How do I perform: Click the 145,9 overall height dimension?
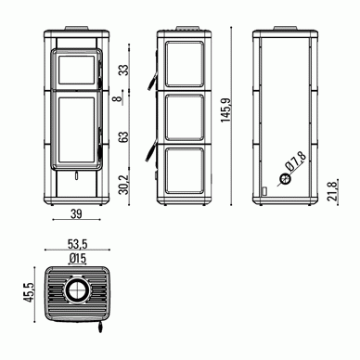[226, 110]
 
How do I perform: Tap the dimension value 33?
[123, 70]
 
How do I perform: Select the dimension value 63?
[123, 137]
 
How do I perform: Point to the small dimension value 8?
[116, 99]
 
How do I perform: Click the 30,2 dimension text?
[123, 185]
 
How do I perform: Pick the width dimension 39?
[76, 213]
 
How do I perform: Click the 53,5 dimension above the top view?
[77, 244]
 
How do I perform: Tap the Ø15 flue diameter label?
[78, 259]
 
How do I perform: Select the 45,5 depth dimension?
[30, 292]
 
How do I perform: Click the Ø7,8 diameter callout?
[296, 161]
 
